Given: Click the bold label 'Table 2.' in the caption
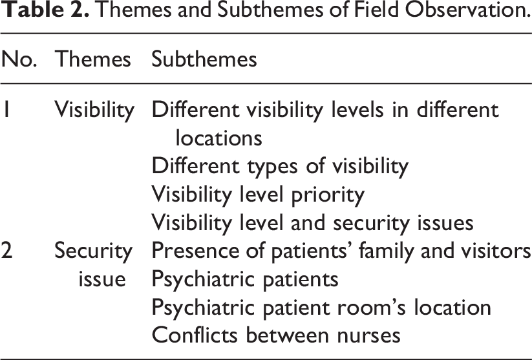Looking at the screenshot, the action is point(45,10).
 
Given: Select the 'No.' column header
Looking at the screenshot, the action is point(19,59).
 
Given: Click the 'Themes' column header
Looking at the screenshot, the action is point(92,59).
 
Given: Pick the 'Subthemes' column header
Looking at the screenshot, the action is point(204,59).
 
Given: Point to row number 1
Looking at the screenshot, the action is point(6,110).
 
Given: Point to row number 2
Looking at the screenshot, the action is point(6,251).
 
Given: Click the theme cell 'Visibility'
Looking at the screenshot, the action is point(94,111).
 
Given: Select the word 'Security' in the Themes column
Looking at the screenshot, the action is point(93,251).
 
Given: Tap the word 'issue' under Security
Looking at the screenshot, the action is point(102,279).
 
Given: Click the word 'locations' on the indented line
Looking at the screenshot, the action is point(219,138).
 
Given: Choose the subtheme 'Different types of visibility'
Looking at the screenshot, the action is point(280,167).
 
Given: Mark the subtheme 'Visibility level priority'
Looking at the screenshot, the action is point(258,195).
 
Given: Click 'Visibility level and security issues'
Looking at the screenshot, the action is point(312,223).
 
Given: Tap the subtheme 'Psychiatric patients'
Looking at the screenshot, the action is point(245,280).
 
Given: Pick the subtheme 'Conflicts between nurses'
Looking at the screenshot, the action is point(276,335).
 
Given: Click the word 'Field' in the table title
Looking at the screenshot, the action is point(376,10).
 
